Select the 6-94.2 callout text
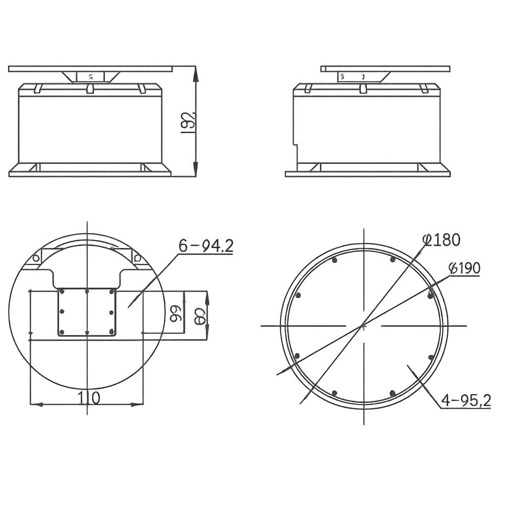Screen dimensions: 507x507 tap(205, 246)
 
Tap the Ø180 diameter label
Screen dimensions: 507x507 tap(442, 240)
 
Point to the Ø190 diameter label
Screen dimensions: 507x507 tap(464, 268)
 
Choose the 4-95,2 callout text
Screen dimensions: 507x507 tap(465, 401)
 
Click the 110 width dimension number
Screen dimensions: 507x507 tap(89, 397)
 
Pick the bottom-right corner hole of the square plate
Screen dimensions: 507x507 tap(111, 332)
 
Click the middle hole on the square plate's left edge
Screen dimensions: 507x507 tap(62, 311)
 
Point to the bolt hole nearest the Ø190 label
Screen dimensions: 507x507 tap(430, 295)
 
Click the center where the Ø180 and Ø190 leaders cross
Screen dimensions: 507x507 tap(363, 326)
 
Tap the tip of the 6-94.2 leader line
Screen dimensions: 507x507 tap(129, 307)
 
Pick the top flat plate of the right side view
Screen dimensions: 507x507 tap(385, 68)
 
